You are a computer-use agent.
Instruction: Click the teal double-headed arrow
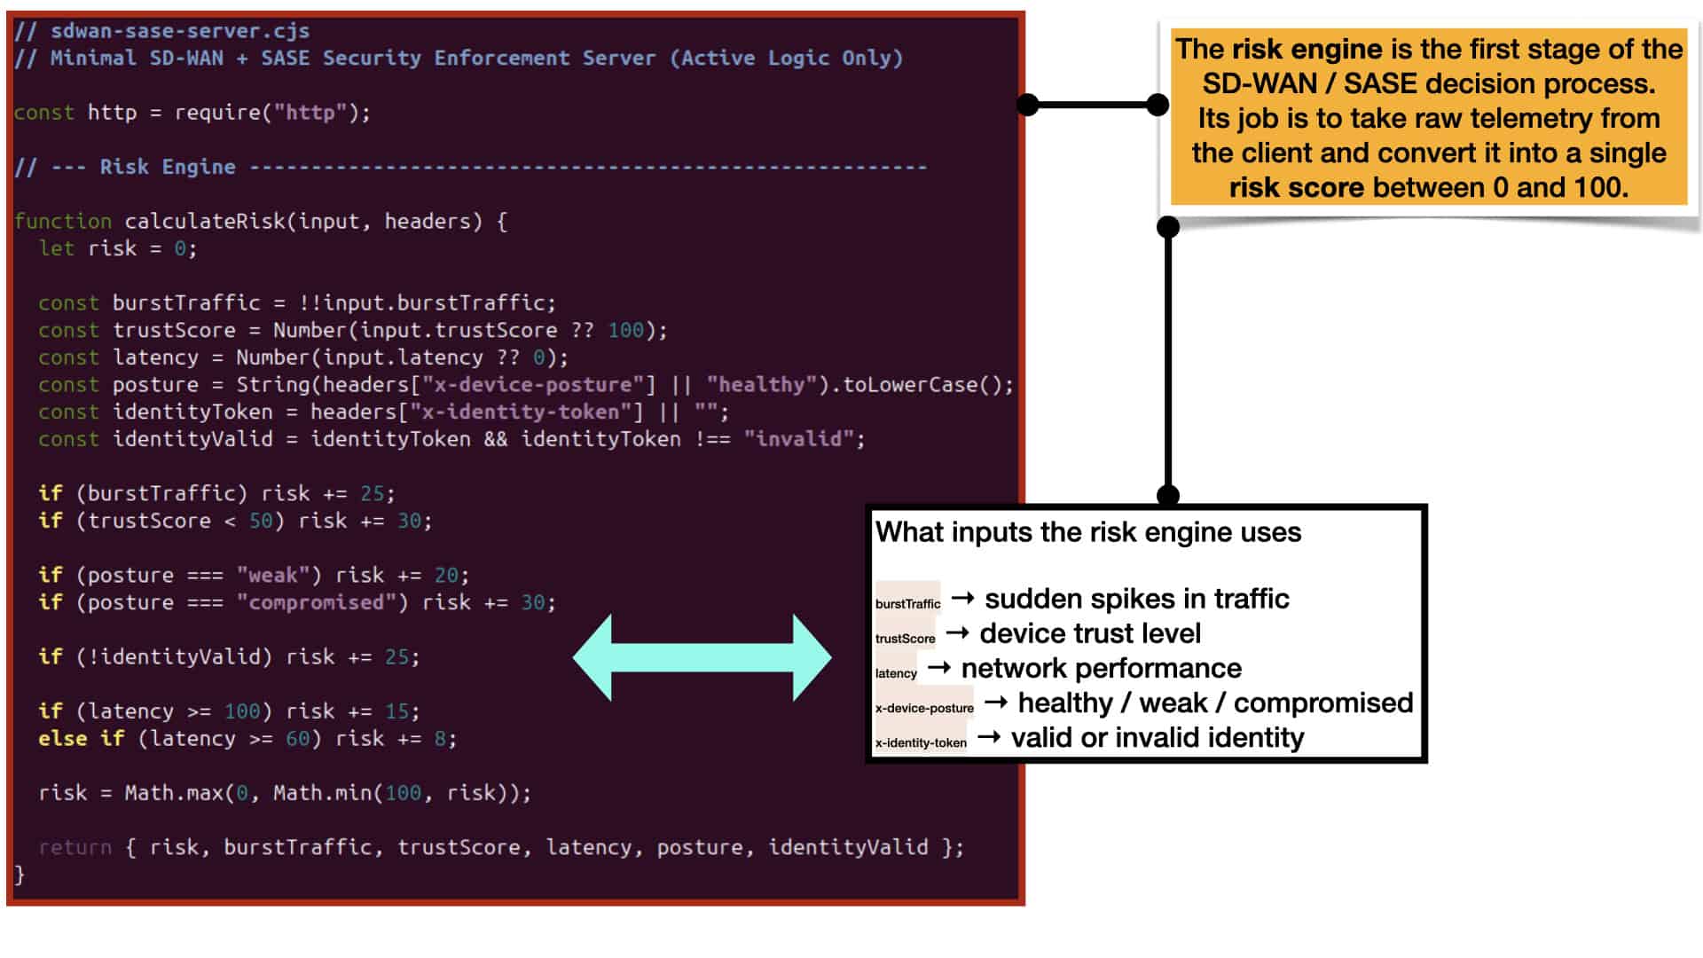(702, 657)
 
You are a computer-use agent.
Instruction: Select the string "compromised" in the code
(316, 602)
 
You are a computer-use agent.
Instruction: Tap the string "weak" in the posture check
(272, 575)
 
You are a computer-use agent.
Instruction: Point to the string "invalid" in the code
(799, 439)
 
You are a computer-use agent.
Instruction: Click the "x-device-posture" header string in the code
(532, 384)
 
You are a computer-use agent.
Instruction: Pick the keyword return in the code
(75, 847)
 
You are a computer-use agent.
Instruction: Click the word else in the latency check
(63, 738)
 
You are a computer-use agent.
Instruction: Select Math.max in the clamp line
(174, 793)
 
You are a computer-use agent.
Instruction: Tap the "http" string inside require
(310, 113)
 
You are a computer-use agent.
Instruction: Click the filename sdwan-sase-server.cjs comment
(180, 31)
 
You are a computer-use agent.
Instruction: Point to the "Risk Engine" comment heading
(168, 167)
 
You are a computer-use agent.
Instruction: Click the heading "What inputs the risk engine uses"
(1088, 532)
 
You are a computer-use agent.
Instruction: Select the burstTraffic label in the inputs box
(907, 604)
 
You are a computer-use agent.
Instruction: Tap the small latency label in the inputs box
(896, 673)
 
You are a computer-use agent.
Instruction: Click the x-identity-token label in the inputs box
(921, 742)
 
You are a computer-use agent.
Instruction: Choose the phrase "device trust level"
(1090, 633)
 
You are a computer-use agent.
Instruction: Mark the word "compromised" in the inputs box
(1323, 703)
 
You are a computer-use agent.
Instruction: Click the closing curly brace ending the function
(20, 875)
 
